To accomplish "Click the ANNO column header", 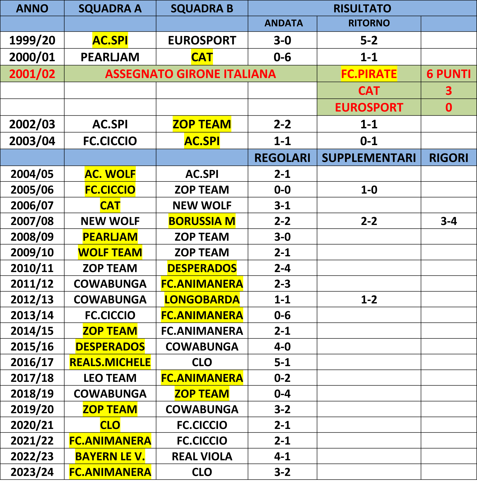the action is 32,8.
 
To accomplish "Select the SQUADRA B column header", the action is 202,8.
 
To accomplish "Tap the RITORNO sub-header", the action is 369,23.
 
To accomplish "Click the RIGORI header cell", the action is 449,158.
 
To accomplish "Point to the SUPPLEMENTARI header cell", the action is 369,158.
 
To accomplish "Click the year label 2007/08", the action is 32,221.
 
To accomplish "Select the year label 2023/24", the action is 32,472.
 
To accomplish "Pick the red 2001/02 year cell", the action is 32,74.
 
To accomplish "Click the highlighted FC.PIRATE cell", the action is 369,74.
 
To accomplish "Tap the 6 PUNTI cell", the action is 449,74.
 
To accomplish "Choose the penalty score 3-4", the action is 449,221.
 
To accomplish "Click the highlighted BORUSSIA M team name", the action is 202,221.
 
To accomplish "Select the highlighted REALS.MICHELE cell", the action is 110,362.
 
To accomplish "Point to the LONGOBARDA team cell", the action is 202,299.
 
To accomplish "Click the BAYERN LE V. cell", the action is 110,457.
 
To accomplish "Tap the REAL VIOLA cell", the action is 202,457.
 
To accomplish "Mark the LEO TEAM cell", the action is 110,378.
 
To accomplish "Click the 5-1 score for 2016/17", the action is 282,362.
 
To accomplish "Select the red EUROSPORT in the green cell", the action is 369,107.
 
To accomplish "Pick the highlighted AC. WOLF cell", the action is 110,174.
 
